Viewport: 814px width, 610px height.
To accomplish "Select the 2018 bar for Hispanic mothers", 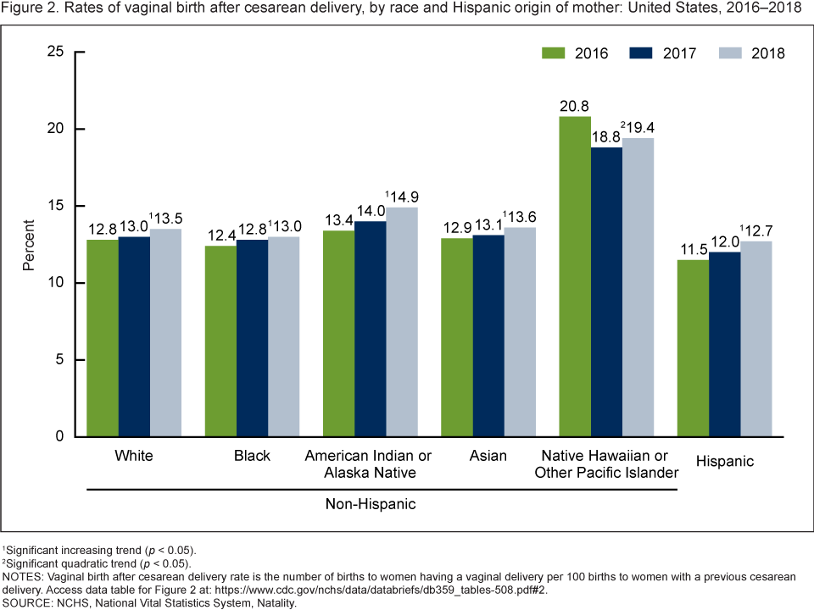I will pos(756,339).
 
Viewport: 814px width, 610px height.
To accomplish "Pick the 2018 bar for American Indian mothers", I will pos(401,322).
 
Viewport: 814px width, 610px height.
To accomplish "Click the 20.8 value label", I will pos(575,108).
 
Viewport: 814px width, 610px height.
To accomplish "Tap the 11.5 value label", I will pos(694,251).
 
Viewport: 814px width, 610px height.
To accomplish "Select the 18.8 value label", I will pos(606,138).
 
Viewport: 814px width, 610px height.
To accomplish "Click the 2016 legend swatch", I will pos(553,53).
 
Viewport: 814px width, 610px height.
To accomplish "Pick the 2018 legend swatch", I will pos(729,53).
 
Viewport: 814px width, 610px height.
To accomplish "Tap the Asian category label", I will pos(488,456).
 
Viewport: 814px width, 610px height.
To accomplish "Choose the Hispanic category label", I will pos(724,461).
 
